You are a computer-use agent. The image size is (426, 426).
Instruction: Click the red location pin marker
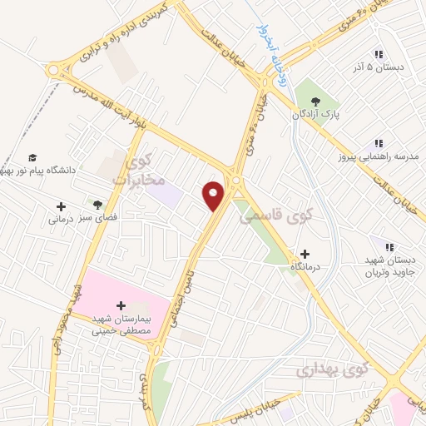215,195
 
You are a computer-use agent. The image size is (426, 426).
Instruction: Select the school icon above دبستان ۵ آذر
379,52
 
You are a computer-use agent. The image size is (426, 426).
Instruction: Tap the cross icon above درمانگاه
305,254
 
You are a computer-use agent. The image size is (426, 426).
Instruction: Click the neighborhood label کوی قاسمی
268,217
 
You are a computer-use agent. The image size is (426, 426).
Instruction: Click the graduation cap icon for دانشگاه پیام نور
32,157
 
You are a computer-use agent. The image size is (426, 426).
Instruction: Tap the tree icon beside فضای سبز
98,205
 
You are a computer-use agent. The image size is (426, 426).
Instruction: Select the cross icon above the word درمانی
61,206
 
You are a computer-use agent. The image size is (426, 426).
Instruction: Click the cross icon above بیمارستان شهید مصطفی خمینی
122,305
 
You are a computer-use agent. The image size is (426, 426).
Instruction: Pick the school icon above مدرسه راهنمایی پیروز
379,143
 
